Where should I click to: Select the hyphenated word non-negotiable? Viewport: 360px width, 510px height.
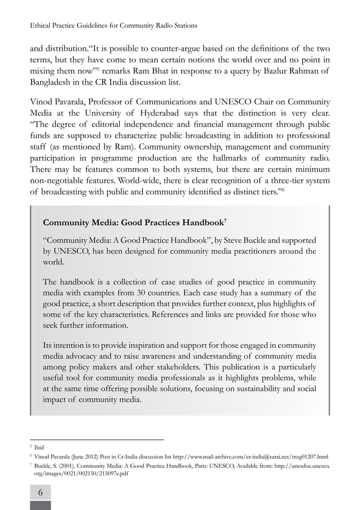[x=62, y=181]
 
